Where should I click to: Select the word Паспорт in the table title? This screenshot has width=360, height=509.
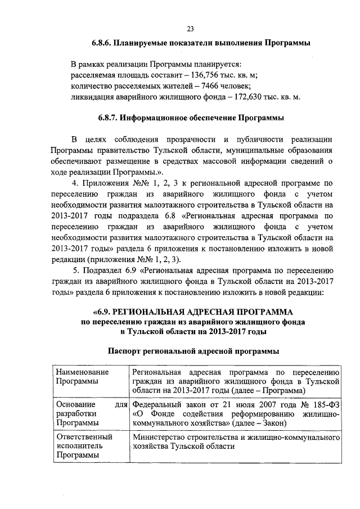pyautogui.click(x=125, y=351)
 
